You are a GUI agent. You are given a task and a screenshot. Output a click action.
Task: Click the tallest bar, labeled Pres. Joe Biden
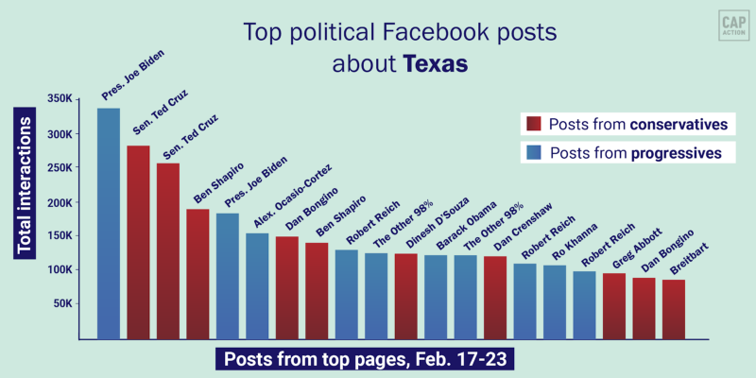[109, 223]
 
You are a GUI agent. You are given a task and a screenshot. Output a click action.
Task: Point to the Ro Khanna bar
[555, 301]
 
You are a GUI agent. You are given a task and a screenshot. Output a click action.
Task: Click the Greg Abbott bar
[614, 305]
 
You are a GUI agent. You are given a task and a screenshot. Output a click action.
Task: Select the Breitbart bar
[674, 308]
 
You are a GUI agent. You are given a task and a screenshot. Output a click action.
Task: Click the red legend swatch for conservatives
[532, 125]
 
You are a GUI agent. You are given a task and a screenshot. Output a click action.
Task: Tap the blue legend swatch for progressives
[532, 152]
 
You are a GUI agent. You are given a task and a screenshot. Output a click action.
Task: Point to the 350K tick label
[59, 99]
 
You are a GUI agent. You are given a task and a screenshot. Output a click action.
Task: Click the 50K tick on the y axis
[62, 303]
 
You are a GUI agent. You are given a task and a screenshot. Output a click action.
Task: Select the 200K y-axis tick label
[59, 201]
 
